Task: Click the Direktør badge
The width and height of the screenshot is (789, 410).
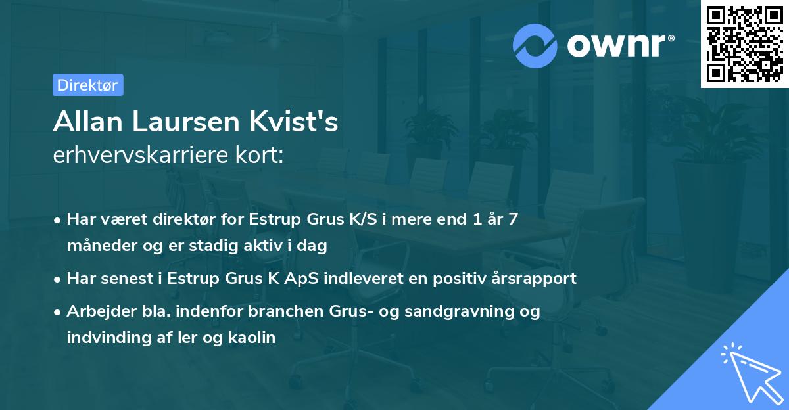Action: pyautogui.click(x=87, y=85)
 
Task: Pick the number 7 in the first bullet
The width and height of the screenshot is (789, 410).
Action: pyautogui.click(x=512, y=219)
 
